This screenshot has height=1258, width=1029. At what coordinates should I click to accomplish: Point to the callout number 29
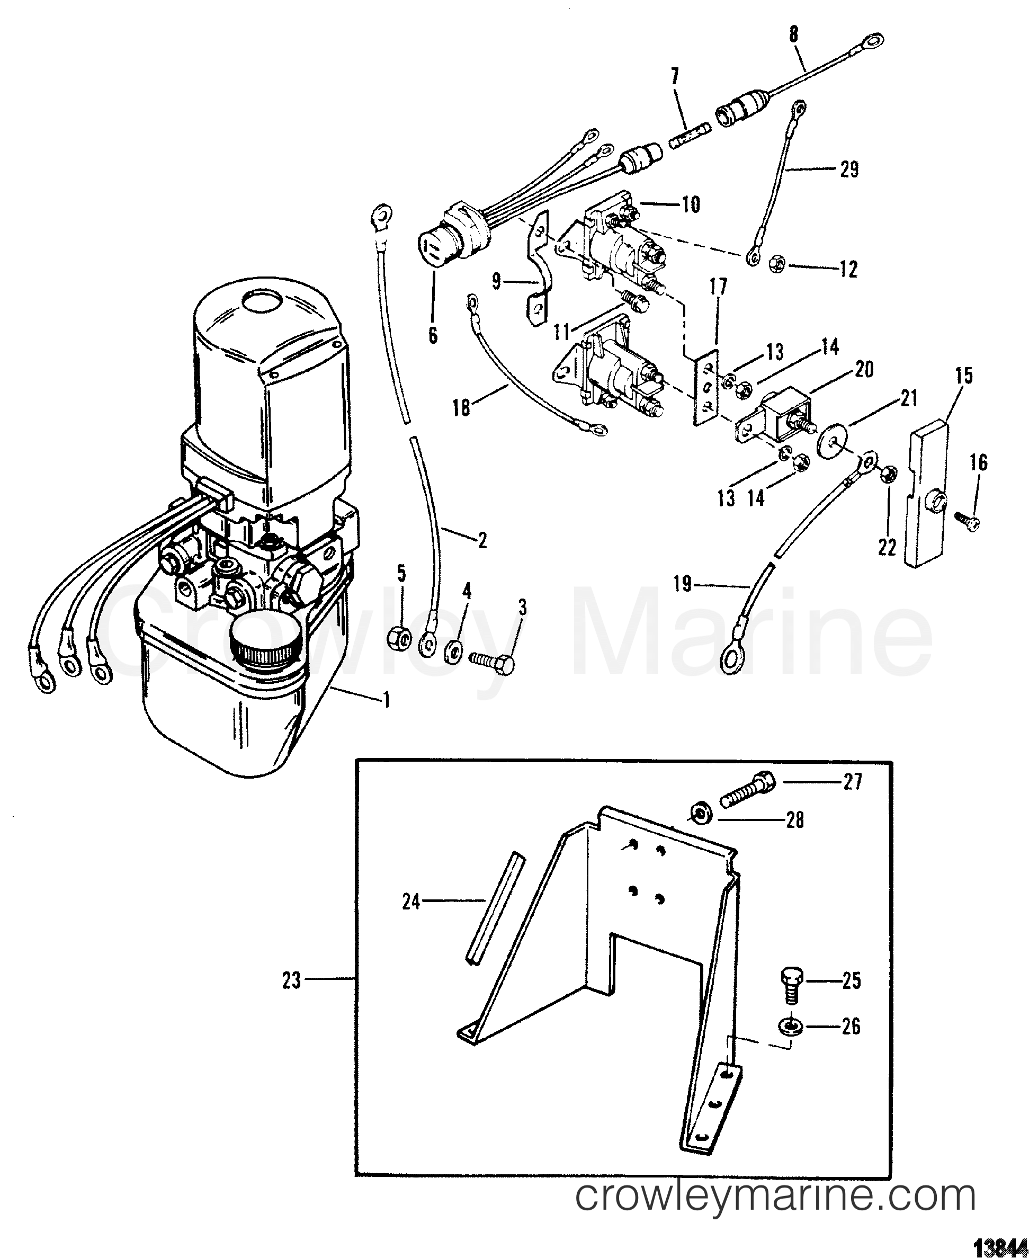pyautogui.click(x=849, y=171)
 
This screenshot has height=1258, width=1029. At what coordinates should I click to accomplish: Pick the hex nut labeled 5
pyautogui.click(x=396, y=639)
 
